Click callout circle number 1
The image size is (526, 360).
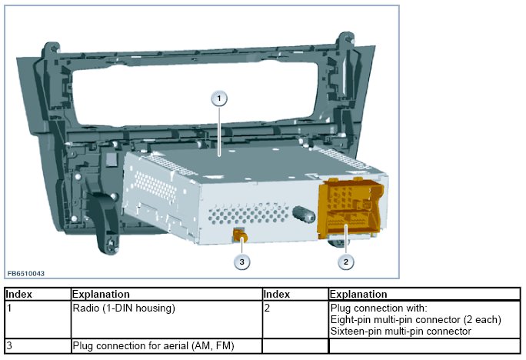(220, 98)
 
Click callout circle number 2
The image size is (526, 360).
(346, 262)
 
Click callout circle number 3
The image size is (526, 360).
(242, 262)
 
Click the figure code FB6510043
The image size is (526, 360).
(25, 273)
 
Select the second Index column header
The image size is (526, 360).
(277, 294)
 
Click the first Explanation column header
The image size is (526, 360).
(101, 294)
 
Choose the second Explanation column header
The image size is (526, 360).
(358, 294)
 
